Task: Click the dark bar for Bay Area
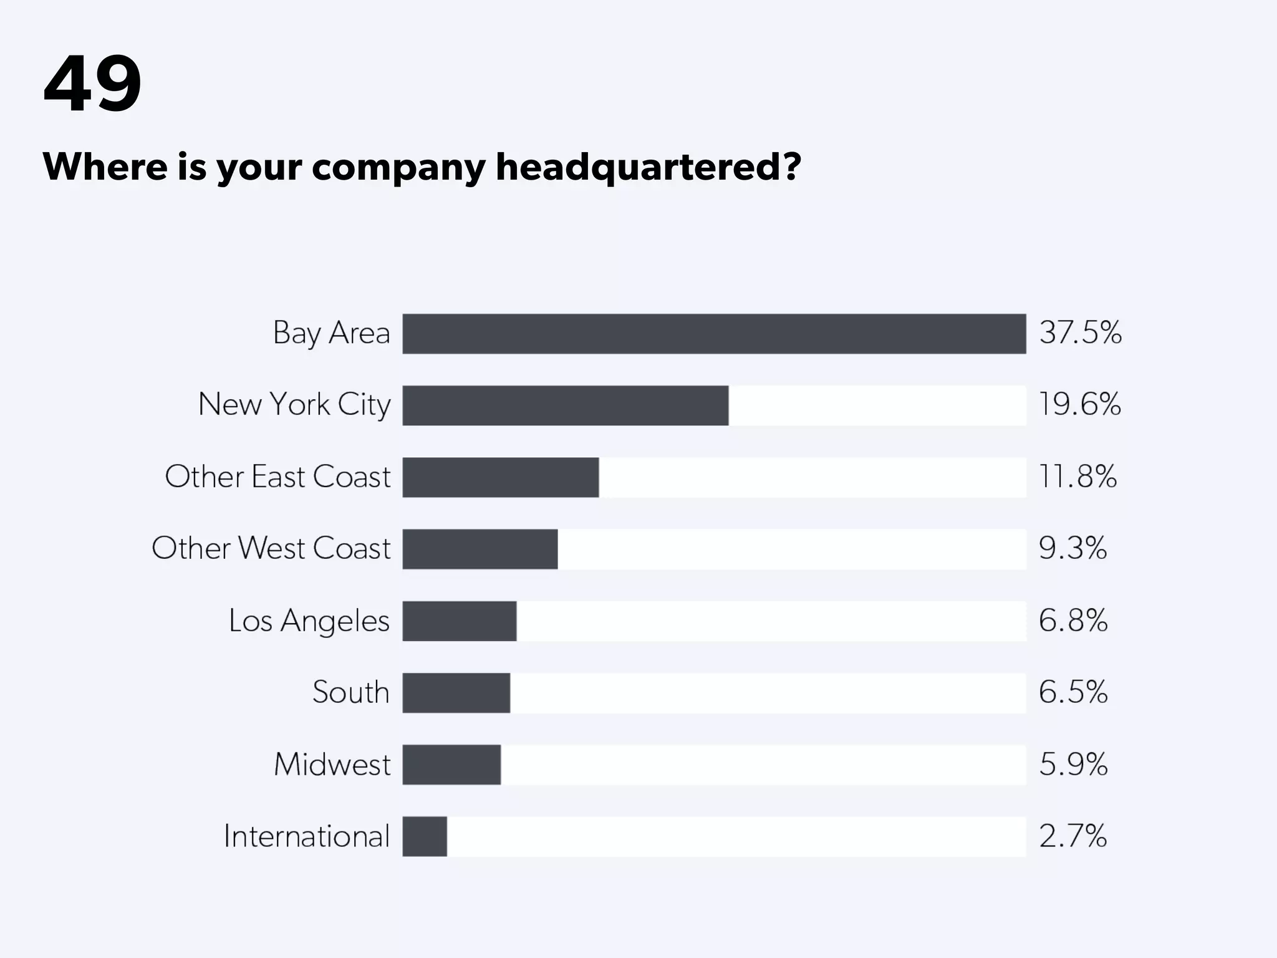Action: (x=714, y=334)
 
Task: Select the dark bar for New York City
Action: (x=565, y=405)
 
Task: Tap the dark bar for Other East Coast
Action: (x=500, y=477)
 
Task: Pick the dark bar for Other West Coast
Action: (x=479, y=549)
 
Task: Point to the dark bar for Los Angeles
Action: (x=459, y=621)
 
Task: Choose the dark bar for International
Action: (x=425, y=836)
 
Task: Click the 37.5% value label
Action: (x=1080, y=332)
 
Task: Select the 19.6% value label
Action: (x=1079, y=404)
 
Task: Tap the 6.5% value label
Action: (x=1072, y=692)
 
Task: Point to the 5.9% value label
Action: (x=1072, y=764)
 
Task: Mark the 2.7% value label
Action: (x=1072, y=836)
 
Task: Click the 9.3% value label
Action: (x=1072, y=548)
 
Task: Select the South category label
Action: (x=350, y=692)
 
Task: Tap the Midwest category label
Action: (x=332, y=765)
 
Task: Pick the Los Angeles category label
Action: (x=309, y=621)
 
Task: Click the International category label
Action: (x=306, y=836)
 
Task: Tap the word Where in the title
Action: (x=105, y=167)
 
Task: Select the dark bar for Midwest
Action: (x=451, y=765)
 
